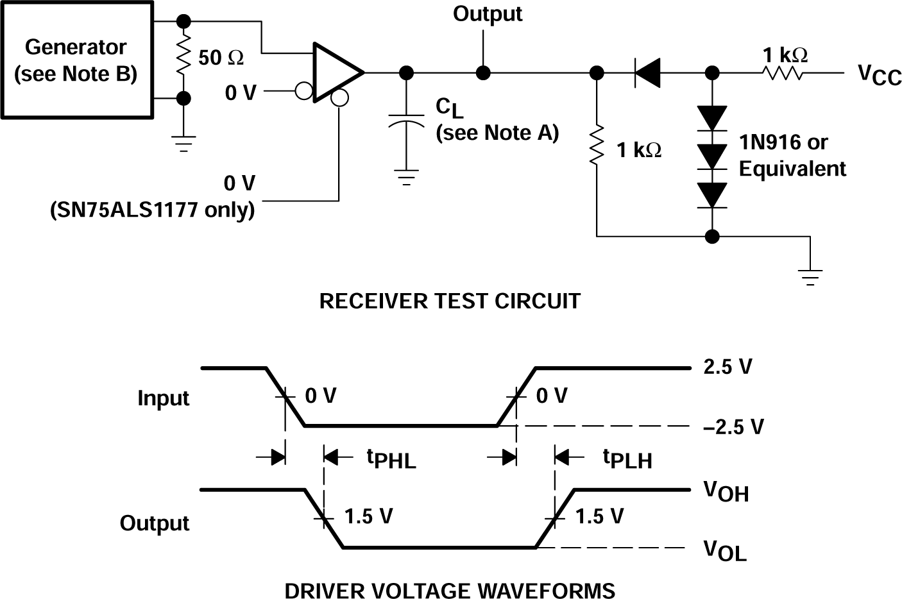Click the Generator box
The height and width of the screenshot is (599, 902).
[x=76, y=60]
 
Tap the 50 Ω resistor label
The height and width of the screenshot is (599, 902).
[x=220, y=58]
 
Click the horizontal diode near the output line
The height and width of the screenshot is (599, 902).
[x=647, y=72]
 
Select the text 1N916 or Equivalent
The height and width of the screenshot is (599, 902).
[x=792, y=155]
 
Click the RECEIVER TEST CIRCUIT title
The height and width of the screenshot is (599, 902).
[x=450, y=301]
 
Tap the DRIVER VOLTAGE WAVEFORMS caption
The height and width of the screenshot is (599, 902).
[x=450, y=589]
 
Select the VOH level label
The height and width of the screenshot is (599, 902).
[x=726, y=491]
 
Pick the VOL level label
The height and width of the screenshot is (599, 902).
[x=724, y=550]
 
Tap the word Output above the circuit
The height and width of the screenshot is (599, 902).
[x=487, y=14]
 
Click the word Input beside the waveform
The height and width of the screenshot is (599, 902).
[x=163, y=398]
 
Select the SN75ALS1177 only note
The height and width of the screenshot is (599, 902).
[x=152, y=210]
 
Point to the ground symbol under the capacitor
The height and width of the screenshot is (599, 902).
[x=405, y=177]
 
